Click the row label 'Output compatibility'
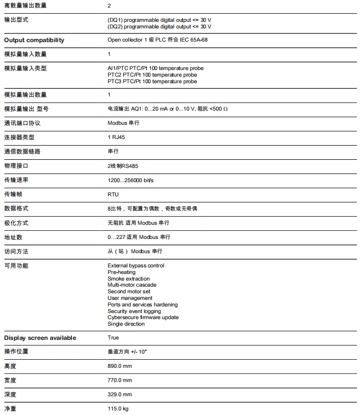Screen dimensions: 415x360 [x=34, y=40]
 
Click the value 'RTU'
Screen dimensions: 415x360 [x=113, y=194]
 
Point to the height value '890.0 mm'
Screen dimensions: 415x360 [x=119, y=366]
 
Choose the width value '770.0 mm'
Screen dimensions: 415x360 [x=119, y=380]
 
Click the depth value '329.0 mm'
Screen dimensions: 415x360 [x=119, y=394]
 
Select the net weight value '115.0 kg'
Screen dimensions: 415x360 [x=118, y=408]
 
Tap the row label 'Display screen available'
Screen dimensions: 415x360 [x=40, y=338]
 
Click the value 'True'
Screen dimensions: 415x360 [x=113, y=337]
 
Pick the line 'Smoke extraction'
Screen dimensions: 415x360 [x=128, y=279]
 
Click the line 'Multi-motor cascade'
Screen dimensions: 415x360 [x=132, y=285]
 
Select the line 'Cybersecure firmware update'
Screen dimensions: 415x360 [x=143, y=318]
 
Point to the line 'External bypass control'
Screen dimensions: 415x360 [x=136, y=265]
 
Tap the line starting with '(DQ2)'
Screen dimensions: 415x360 [x=159, y=26]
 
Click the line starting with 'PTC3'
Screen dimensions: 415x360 [x=152, y=81]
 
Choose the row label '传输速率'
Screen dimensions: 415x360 [x=16, y=180]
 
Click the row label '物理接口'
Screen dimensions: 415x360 [x=16, y=166]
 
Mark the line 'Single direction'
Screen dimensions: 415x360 [x=126, y=324]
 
